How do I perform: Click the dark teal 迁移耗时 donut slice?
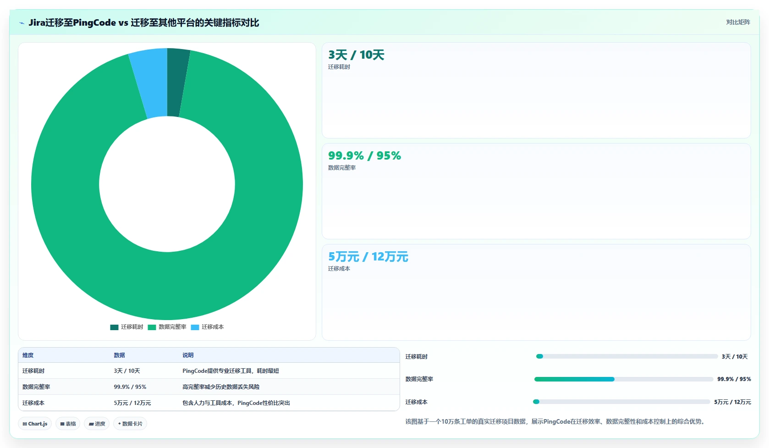[176, 83]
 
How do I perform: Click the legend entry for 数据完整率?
[167, 327]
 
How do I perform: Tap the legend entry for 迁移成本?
[207, 327]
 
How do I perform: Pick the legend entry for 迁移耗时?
[126, 327]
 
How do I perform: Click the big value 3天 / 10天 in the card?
[356, 55]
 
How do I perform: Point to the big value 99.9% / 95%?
[364, 155]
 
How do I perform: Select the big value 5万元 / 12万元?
[368, 257]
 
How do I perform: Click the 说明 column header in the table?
[188, 355]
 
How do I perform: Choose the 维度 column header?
[28, 355]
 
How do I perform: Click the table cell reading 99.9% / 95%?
[130, 387]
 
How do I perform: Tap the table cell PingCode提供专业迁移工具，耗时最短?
[231, 371]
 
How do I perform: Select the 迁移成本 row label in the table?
[33, 403]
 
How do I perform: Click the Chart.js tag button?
[35, 424]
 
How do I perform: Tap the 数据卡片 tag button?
[130, 424]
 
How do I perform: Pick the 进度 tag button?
[97, 424]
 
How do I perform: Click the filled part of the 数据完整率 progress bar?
[574, 379]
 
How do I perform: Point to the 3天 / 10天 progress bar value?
[735, 357]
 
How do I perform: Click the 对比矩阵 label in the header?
[738, 22]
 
